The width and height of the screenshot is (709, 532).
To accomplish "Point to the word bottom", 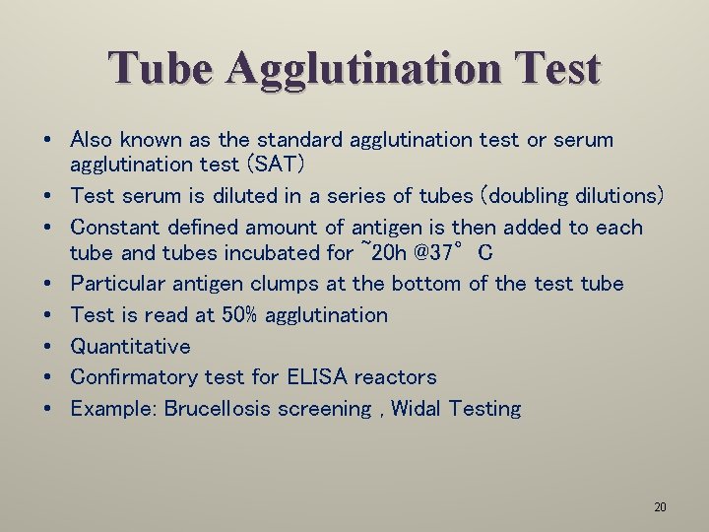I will coord(429,284).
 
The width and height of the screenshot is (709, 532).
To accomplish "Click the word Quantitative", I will coord(130,347).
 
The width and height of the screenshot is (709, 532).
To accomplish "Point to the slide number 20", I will coord(660,507).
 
